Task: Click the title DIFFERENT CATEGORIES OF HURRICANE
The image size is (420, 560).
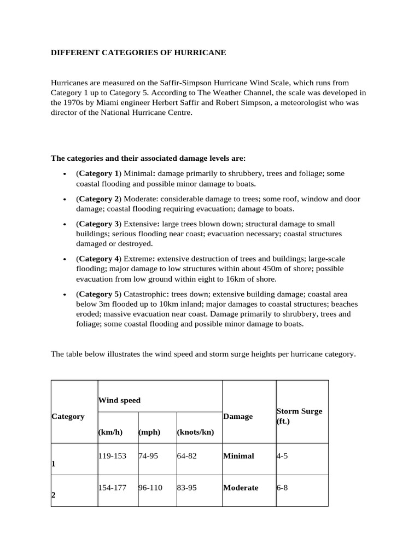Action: [x=138, y=52]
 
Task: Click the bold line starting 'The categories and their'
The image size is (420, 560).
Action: [x=148, y=158]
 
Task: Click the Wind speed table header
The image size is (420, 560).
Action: [x=119, y=400]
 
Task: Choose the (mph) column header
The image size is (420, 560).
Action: [x=149, y=432]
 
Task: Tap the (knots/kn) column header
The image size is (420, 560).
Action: [x=195, y=432]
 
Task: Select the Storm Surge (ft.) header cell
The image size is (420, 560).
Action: [x=299, y=416]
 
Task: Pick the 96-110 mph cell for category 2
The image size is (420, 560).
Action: [x=150, y=487]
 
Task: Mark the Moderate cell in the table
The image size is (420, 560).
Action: [x=241, y=487]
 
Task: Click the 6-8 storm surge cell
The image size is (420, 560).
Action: [x=282, y=487]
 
